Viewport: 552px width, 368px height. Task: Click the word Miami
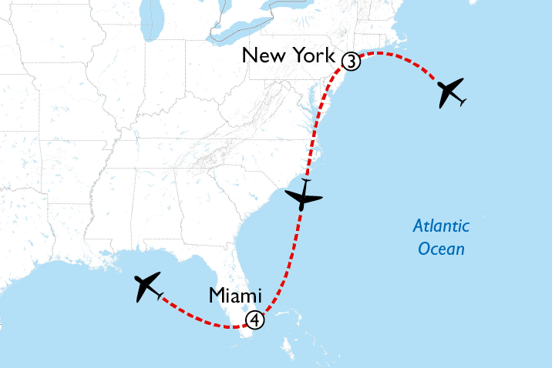pos(235,296)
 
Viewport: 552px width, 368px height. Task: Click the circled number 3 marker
pos(351,61)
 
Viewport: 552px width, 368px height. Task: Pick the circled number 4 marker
pos(254,319)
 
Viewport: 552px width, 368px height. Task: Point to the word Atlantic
pos(441,226)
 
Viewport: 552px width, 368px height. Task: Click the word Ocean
pos(441,249)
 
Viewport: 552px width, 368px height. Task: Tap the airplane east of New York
pos(450,93)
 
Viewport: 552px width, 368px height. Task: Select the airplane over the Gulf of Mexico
pos(148,286)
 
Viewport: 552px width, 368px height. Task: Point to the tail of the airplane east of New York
pos(460,102)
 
